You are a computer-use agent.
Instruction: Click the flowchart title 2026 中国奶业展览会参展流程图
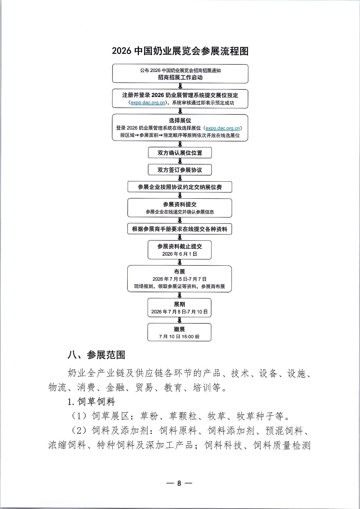click(180, 51)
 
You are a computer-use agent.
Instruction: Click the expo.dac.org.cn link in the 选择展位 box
click(222, 128)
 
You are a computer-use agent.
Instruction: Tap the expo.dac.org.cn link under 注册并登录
click(148, 103)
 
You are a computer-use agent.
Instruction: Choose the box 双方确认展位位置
click(180, 153)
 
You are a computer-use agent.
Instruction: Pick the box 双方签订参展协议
click(180, 170)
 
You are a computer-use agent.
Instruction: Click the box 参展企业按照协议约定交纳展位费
click(180, 187)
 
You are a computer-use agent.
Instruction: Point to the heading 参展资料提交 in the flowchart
click(180, 204)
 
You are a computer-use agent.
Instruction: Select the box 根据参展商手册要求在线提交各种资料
click(180, 229)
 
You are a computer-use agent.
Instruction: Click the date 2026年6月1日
click(180, 254)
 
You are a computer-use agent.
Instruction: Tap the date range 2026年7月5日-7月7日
click(180, 279)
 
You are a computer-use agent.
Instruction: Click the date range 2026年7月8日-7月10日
click(179, 312)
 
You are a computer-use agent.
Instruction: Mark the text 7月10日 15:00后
click(179, 337)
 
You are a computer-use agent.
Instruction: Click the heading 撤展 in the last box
click(179, 329)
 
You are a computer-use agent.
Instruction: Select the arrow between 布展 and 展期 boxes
click(180, 295)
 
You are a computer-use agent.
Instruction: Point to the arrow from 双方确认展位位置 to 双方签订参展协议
click(180, 161)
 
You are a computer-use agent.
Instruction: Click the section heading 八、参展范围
click(96, 355)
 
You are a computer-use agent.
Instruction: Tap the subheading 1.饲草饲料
click(91, 402)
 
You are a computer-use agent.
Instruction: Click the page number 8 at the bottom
click(179, 483)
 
